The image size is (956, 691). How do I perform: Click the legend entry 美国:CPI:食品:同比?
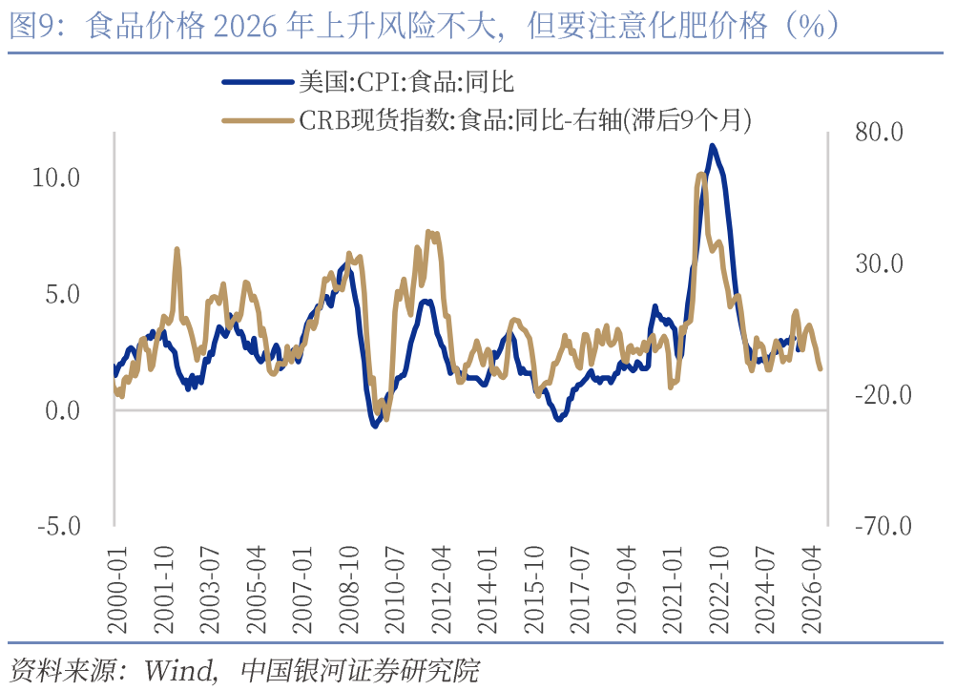[x=405, y=82]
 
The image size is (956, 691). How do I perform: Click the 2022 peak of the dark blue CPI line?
[x=712, y=146]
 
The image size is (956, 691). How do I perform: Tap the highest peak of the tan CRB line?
[x=701, y=175]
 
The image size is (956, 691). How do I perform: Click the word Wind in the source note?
[x=178, y=670]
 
